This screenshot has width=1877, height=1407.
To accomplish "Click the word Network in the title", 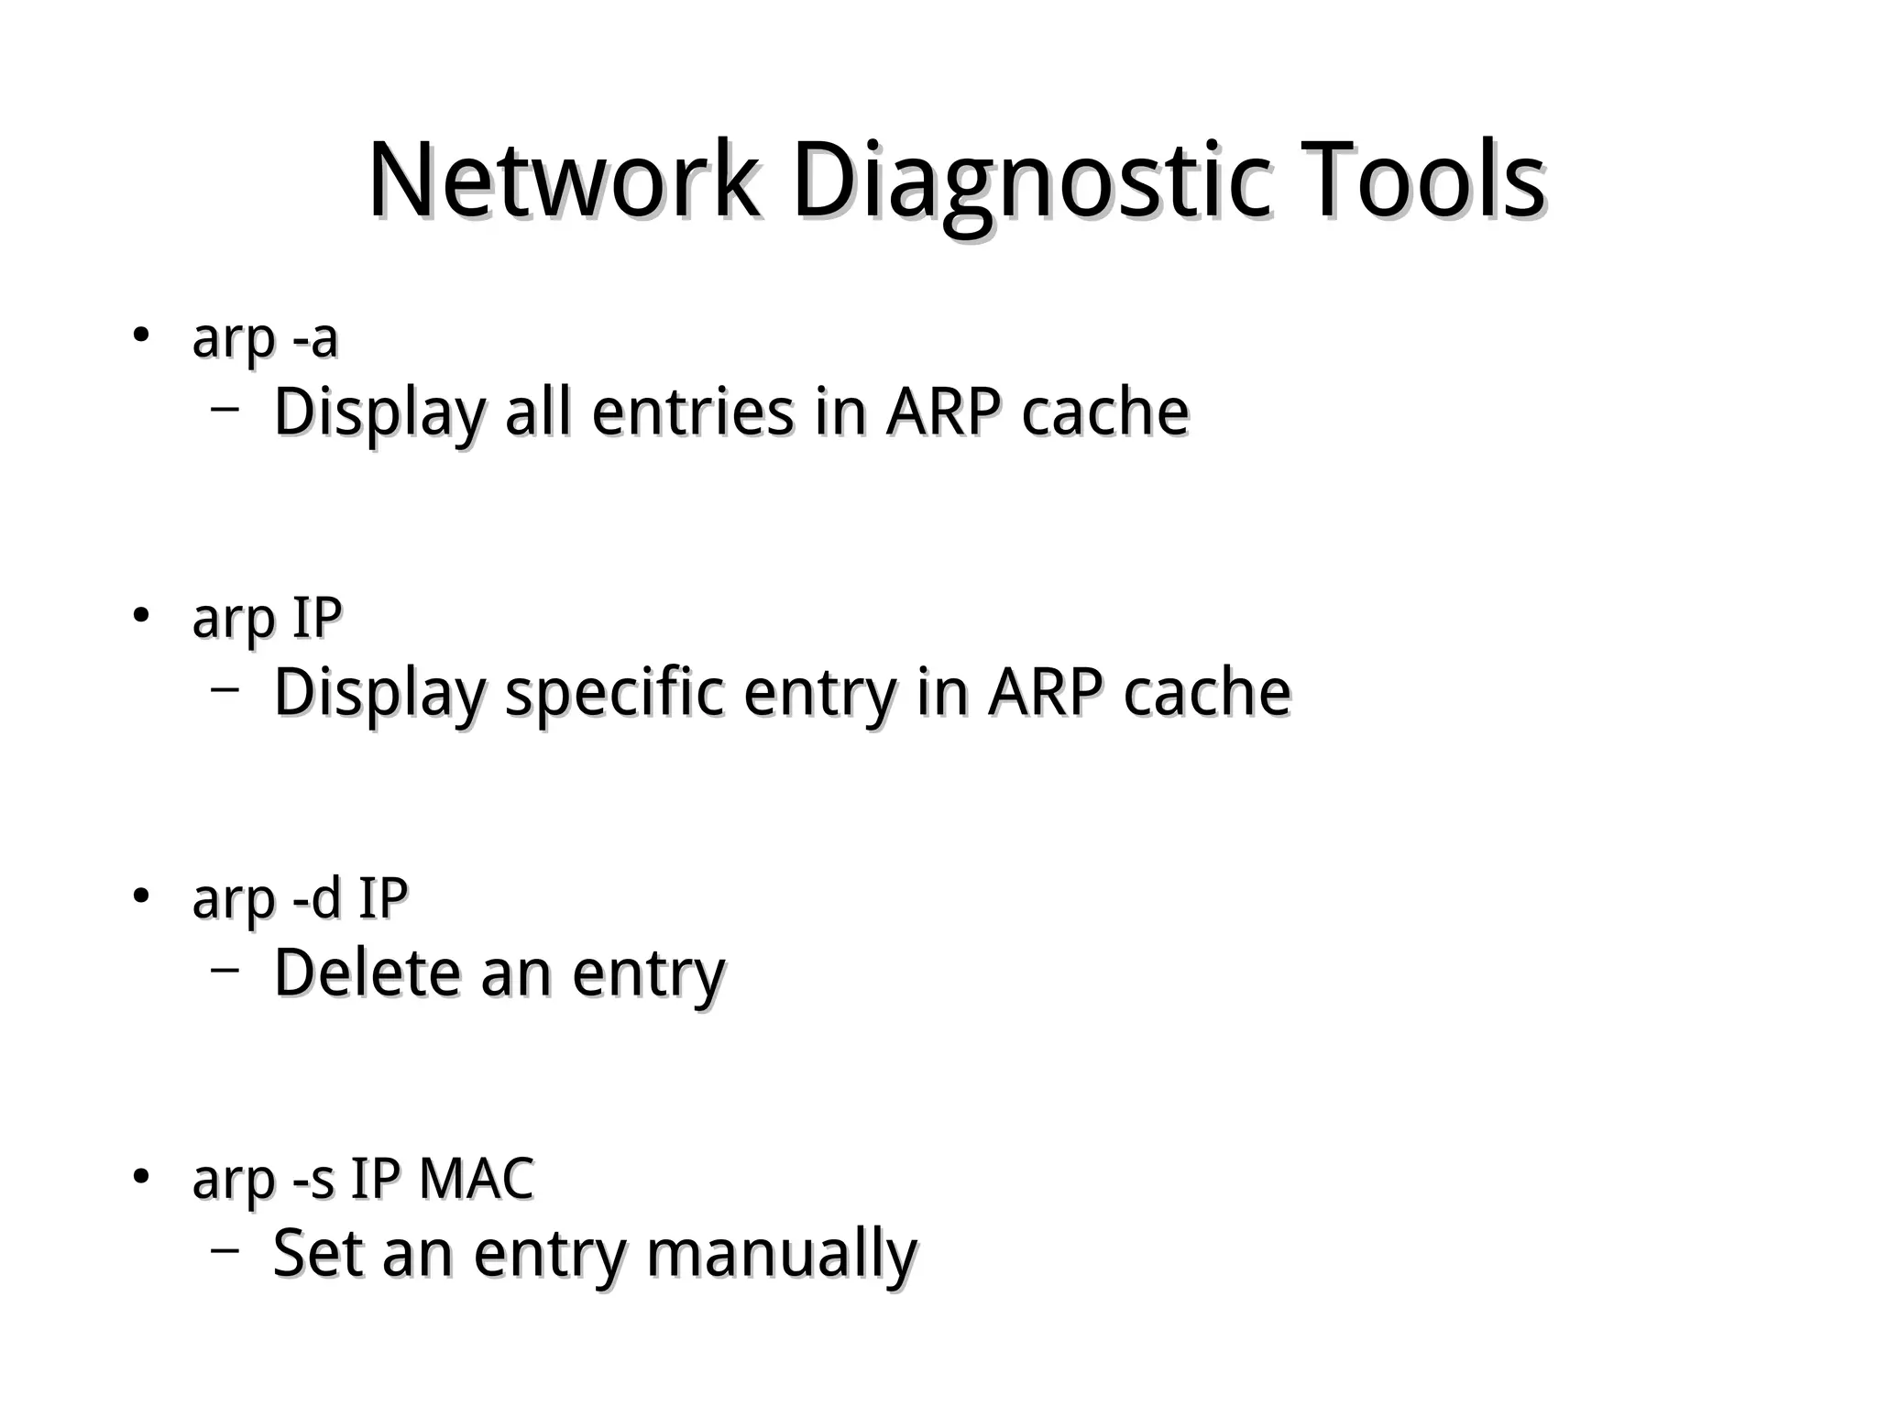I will [x=563, y=181].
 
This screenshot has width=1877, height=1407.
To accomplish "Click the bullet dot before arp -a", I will [x=140, y=335].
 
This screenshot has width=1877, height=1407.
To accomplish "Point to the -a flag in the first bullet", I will [x=315, y=339].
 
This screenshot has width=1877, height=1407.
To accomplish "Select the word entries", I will [x=693, y=412].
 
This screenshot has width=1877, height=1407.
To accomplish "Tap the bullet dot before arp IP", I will [x=140, y=615].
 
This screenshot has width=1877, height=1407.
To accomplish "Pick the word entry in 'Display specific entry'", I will [x=819, y=695].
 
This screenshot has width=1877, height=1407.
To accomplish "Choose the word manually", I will [x=781, y=1255].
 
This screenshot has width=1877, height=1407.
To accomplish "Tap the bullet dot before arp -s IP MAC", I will [x=140, y=1176].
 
